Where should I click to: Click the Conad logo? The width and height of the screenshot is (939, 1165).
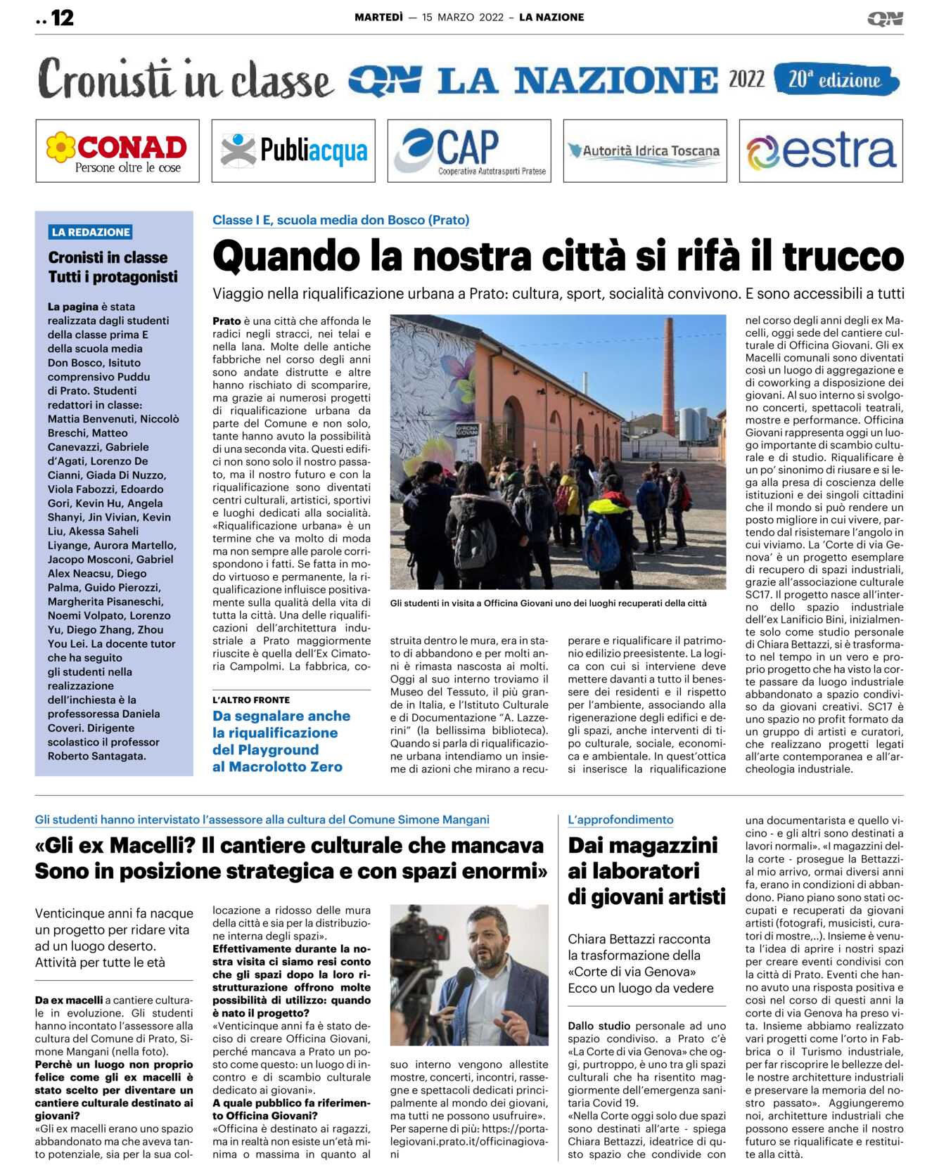117,151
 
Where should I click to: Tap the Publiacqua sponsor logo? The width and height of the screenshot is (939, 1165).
293,150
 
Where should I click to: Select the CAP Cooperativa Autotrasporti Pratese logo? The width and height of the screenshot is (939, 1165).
469,150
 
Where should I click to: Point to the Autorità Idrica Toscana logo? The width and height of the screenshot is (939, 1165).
645,151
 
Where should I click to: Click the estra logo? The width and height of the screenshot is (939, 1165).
821,151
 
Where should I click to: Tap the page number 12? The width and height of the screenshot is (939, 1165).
62,18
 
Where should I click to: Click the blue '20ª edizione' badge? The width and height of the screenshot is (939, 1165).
836,79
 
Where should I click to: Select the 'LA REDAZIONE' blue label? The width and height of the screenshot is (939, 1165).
91,232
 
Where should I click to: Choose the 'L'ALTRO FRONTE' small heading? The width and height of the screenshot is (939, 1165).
251,700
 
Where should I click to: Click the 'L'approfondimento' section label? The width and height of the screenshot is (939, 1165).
620,820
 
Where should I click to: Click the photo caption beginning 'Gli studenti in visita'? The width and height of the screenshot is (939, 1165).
548,603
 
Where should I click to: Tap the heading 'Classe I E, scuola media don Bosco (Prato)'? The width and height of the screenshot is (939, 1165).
340,220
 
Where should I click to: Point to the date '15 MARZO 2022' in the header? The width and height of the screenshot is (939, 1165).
463,18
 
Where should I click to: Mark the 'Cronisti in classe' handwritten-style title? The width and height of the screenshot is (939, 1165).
184,79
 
